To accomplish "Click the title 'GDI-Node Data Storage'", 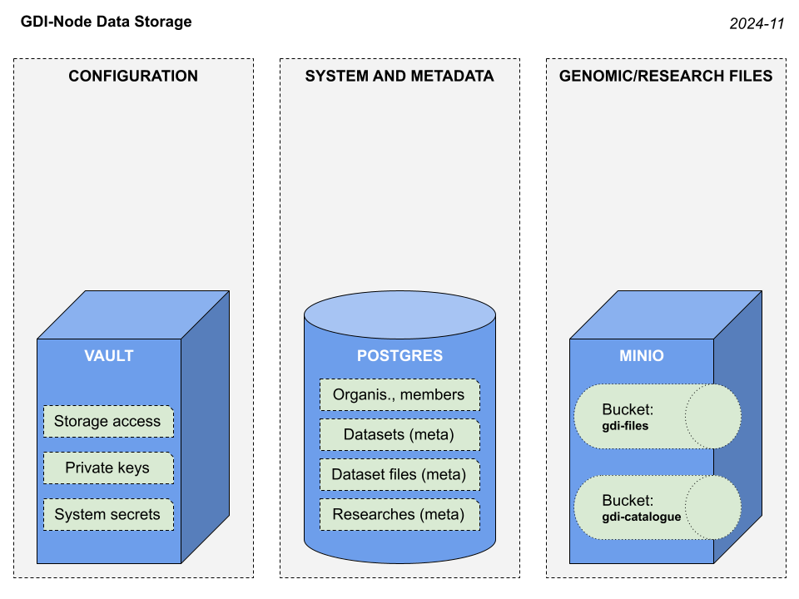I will coord(106,22).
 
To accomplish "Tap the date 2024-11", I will coord(757,24).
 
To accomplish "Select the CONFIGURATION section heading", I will coord(133,77).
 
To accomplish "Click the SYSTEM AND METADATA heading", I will coord(399,77).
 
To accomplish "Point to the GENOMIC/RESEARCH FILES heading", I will coord(666,77).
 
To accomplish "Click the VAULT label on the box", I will coord(109,356).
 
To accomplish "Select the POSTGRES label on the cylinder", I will coord(399,356).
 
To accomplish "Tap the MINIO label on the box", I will coord(642,356).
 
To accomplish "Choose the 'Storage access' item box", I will coord(108,422).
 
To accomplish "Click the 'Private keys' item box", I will coord(108,468).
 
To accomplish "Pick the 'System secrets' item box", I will coord(108,515).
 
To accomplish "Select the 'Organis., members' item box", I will coord(399,394).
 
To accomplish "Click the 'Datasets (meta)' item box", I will coord(399,434).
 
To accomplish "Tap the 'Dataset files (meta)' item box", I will coord(399,475).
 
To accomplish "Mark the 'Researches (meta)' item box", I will coord(399,515).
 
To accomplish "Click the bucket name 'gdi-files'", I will coord(625,426).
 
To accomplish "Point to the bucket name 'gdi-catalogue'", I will coord(641,517).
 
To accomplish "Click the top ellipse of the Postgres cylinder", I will coord(399,315).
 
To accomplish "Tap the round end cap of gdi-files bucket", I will coord(713,416).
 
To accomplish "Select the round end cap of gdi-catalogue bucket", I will coord(713,507).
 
